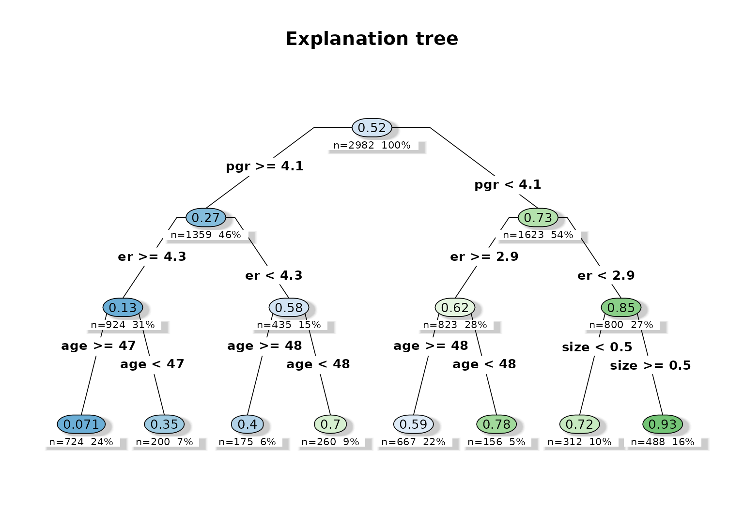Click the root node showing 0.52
click(x=372, y=128)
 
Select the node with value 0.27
click(x=206, y=218)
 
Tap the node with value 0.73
click(x=538, y=218)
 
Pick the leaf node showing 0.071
click(x=81, y=424)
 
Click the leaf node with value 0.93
click(x=663, y=424)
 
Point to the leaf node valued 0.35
click(x=164, y=424)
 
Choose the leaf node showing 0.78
click(x=496, y=424)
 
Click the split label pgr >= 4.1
click(x=264, y=166)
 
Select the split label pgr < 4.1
click(x=508, y=185)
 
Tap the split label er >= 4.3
click(x=152, y=256)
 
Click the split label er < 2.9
click(x=606, y=275)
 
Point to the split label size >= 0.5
click(x=651, y=365)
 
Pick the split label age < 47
click(x=152, y=364)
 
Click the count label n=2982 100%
click(x=372, y=145)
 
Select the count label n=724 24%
click(x=81, y=442)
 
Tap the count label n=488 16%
click(x=663, y=442)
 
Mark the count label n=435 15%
click(x=289, y=325)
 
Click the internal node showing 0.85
click(x=621, y=308)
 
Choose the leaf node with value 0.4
click(x=248, y=424)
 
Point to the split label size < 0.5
click(x=597, y=347)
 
